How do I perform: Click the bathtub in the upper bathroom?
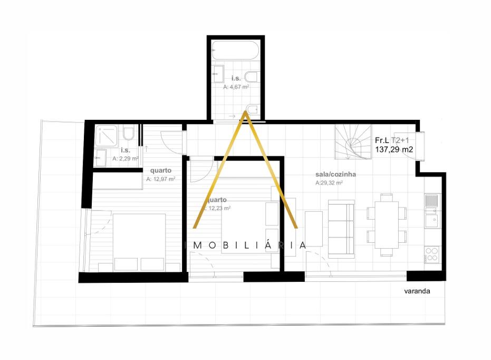pyautogui.click(x=235, y=52)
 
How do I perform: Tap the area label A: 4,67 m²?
pyautogui.click(x=236, y=87)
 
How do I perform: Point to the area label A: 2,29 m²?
pyautogui.click(x=126, y=158)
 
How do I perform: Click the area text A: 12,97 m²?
pyautogui.click(x=161, y=179)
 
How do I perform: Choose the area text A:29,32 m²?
pyautogui.click(x=330, y=183)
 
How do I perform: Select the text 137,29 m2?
pyautogui.click(x=393, y=150)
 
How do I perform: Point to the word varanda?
pyautogui.click(x=417, y=291)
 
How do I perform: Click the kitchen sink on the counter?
pyautogui.click(x=432, y=201)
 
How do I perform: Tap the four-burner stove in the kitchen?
pyautogui.click(x=431, y=254)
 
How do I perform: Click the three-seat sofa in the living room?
pyautogui.click(x=341, y=226)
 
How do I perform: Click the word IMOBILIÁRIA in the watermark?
pyautogui.click(x=246, y=245)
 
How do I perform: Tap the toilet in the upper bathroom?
pyautogui.click(x=252, y=77)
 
